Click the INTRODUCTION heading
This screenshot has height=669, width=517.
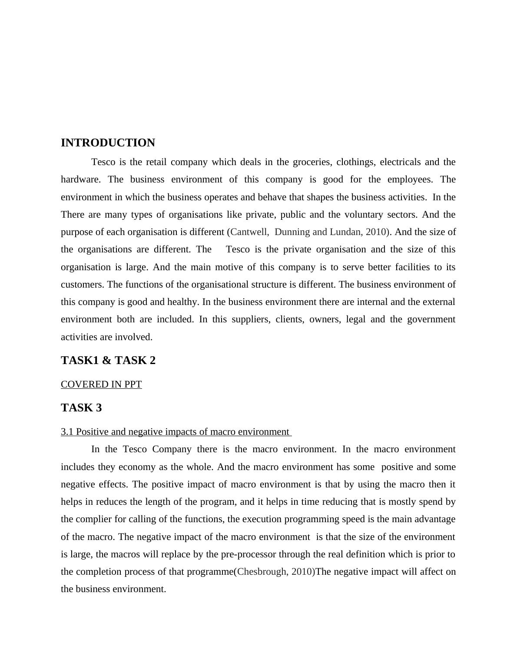(108, 143)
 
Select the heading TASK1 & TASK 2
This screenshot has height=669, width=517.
(108, 360)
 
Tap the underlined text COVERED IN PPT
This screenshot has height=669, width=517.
(101, 384)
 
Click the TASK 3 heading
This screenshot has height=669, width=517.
(81, 407)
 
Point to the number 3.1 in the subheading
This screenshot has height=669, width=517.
(67, 432)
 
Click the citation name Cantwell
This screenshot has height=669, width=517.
(249, 232)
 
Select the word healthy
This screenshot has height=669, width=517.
(183, 302)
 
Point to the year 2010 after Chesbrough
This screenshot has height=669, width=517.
(302, 572)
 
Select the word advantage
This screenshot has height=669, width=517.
(435, 519)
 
